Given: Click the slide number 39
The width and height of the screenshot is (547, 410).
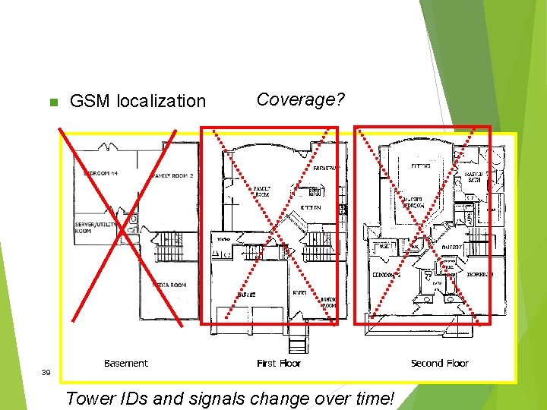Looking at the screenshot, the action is [46, 373].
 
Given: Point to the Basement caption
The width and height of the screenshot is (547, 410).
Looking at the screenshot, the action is [126, 364].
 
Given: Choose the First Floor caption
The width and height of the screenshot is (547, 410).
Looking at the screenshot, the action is [279, 364].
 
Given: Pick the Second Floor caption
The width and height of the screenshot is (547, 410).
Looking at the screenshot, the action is [440, 364].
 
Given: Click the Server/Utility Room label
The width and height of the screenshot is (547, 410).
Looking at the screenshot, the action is [93, 228].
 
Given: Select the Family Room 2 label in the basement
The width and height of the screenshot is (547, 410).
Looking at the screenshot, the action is [173, 175].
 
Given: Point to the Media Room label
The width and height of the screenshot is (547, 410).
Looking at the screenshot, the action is [169, 285].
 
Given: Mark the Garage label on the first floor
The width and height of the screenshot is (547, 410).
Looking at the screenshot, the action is [245, 294].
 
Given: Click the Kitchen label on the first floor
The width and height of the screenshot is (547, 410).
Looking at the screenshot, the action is [310, 207].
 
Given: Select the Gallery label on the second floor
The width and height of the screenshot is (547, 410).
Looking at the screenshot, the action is [453, 247].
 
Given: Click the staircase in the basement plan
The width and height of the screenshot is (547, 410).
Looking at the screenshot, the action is [168, 247].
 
